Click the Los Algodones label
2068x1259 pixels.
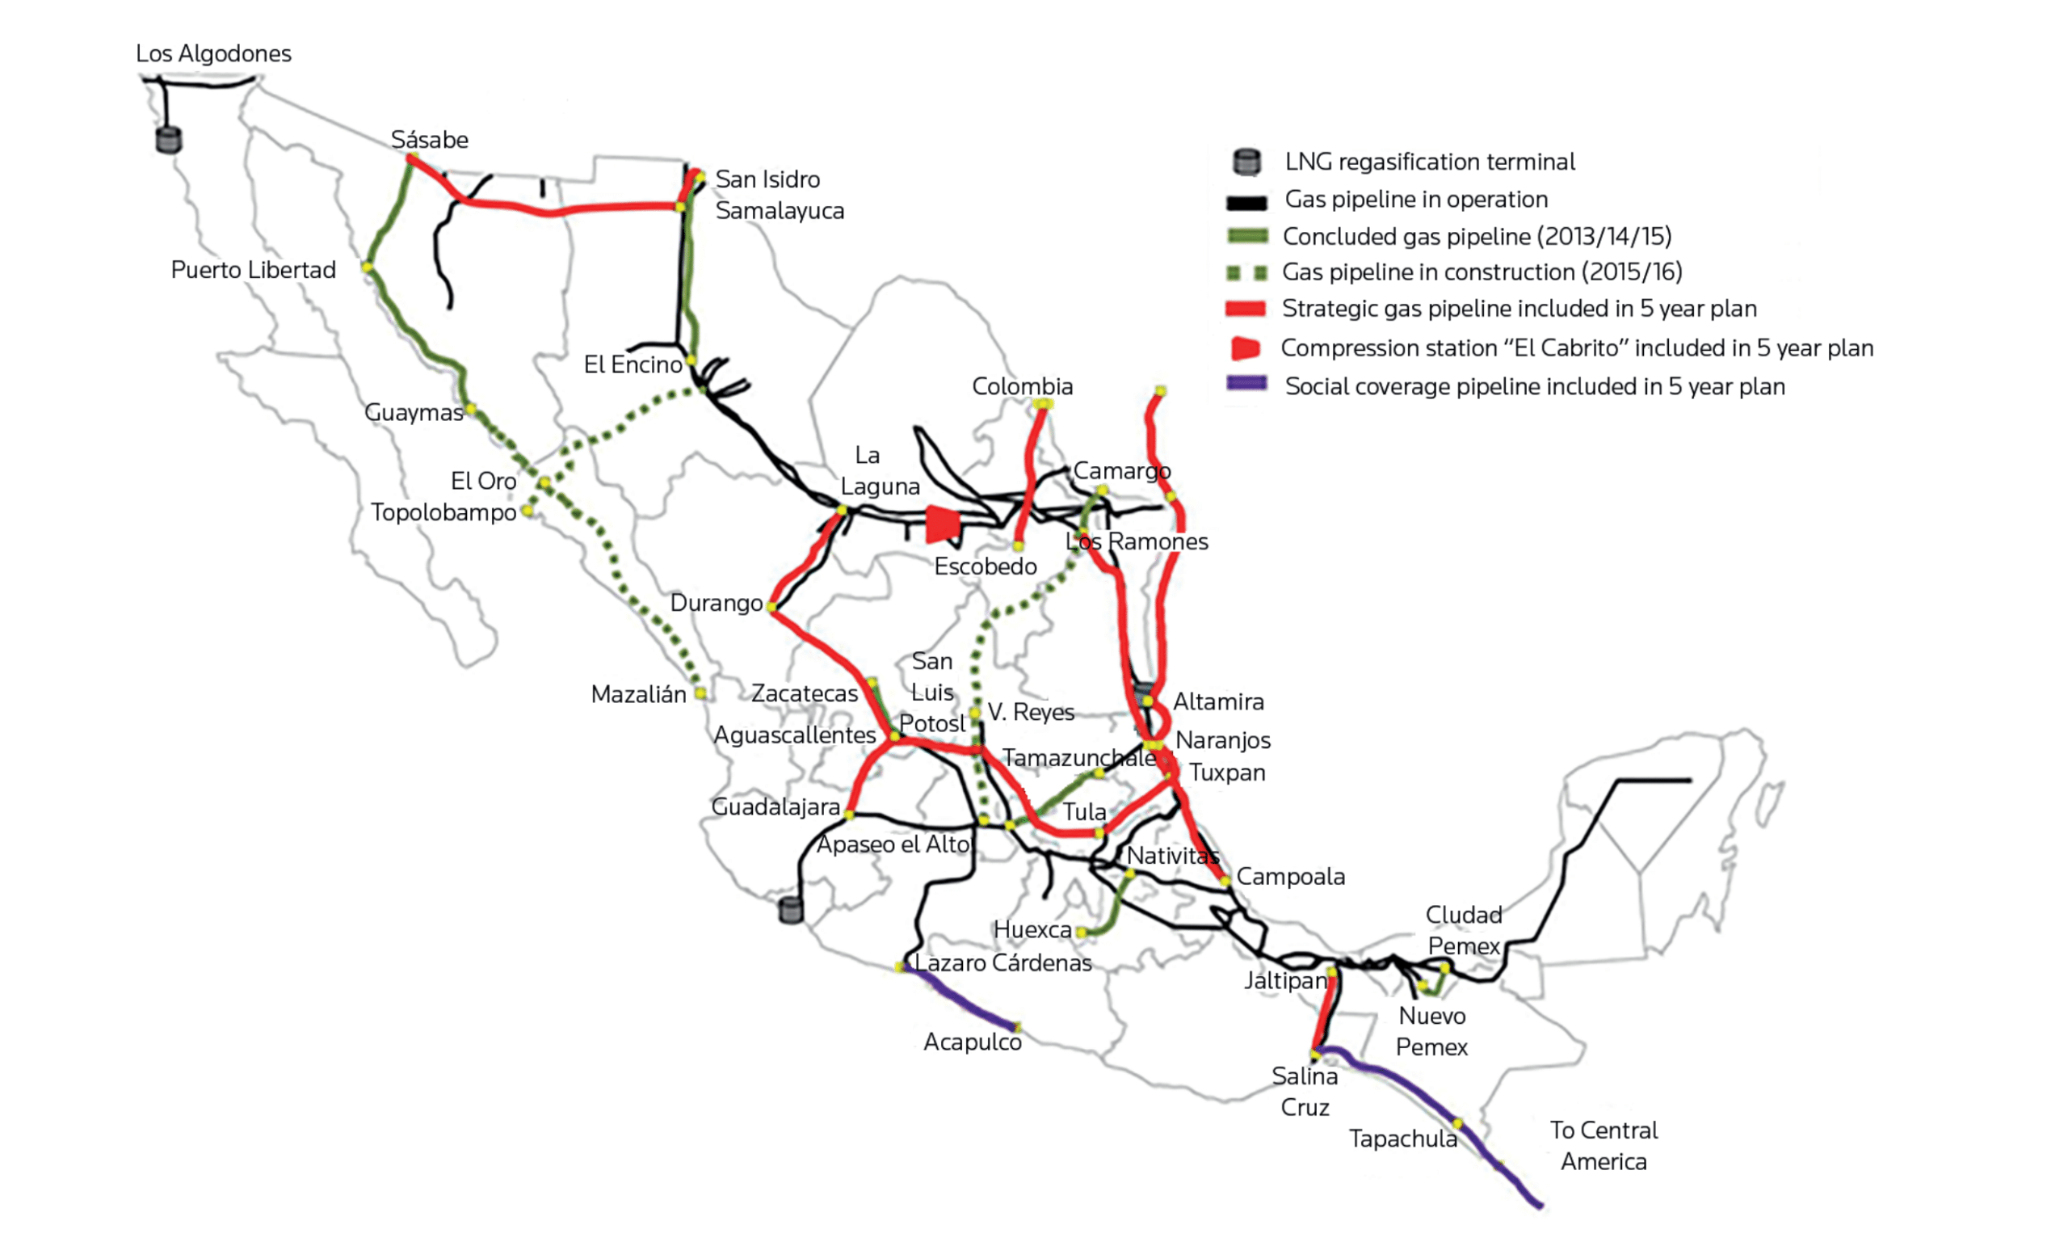pos(213,53)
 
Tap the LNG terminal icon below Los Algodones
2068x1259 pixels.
pos(169,139)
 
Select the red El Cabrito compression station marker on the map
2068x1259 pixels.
pos(942,524)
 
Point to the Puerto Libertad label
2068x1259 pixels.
pos(253,270)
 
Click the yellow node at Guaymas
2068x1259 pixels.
pos(472,410)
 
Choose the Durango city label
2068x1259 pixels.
pos(716,604)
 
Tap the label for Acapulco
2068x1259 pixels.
pos(972,1042)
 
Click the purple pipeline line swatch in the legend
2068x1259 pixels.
pos(1246,384)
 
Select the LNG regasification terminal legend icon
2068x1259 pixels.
pos(1246,162)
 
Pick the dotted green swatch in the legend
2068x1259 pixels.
pos(1246,274)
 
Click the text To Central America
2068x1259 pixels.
pos(1603,1146)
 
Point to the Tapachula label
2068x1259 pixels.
pos(1402,1139)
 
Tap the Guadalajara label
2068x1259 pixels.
pos(775,807)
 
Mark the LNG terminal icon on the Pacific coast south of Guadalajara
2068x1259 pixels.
pos(791,910)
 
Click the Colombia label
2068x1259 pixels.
pos(1021,387)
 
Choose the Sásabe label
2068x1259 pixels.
pos(429,140)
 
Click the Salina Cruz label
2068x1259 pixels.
pos(1305,1091)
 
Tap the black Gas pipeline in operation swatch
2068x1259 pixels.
pos(1246,202)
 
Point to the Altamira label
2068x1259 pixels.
pos(1218,701)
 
